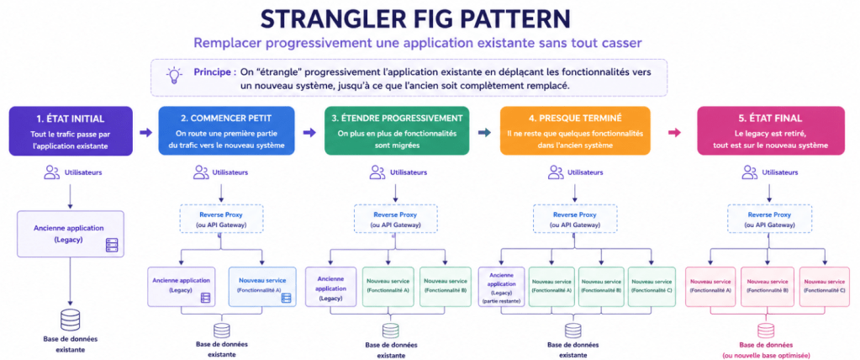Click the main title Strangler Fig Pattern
coord(430,18)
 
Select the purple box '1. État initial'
coord(71,130)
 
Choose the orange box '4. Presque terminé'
coord(575,130)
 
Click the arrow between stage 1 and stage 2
coord(145,131)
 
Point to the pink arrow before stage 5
coord(673,131)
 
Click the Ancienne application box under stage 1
coord(71,234)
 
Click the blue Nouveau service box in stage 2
coord(261,286)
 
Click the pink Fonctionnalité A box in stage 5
coord(710,286)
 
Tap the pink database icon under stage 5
coord(765,330)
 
